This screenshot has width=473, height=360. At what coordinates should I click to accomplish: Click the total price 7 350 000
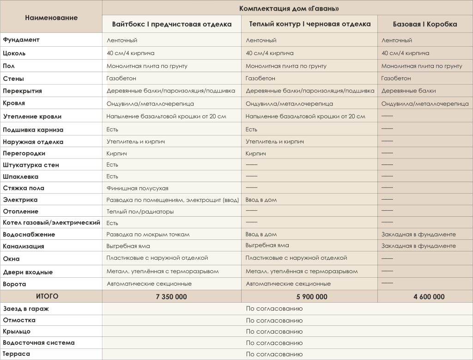171,297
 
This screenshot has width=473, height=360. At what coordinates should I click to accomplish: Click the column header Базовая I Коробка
425,24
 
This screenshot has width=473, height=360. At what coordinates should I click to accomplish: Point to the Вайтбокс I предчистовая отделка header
172,24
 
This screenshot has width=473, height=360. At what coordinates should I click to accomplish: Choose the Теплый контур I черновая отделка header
310,24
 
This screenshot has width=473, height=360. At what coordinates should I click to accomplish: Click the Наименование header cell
51,18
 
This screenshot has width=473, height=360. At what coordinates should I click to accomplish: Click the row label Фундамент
21,40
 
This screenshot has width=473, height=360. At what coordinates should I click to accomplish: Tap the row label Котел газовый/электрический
51,223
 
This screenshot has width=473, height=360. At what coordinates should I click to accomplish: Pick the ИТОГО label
47,296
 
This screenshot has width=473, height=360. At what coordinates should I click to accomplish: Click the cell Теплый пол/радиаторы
140,212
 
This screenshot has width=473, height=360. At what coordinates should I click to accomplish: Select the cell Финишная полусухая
137,188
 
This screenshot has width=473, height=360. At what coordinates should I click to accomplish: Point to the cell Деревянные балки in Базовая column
408,91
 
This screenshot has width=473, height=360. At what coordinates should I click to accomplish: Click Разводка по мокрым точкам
148,234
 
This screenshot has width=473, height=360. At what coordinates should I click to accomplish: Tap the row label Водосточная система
38,343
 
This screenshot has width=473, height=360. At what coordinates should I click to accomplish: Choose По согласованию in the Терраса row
274,354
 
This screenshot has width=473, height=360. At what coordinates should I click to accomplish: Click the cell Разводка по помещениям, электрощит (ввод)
172,200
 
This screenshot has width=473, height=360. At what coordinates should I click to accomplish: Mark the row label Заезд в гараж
26,309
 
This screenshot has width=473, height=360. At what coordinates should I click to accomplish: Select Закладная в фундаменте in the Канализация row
418,246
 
